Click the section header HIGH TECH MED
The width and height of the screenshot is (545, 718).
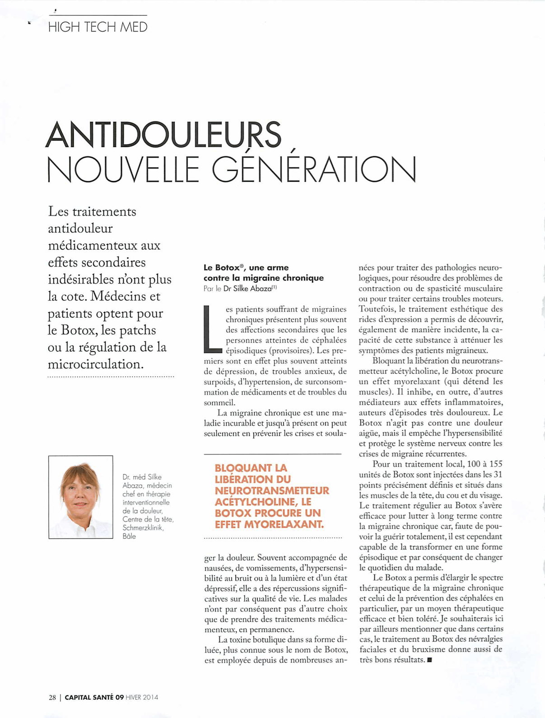pos(98,27)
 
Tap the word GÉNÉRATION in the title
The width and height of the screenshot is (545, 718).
pos(314,169)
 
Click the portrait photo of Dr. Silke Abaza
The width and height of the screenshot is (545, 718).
pos(80,497)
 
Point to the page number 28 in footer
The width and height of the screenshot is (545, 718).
pos(52,697)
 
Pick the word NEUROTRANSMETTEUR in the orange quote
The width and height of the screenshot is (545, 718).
pos(272,490)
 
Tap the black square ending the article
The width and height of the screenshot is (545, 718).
pos(429,660)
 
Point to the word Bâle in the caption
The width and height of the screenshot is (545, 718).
pos(129,536)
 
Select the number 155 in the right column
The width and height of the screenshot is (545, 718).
pos(495,464)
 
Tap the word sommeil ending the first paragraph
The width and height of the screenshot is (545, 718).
pos(219,402)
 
